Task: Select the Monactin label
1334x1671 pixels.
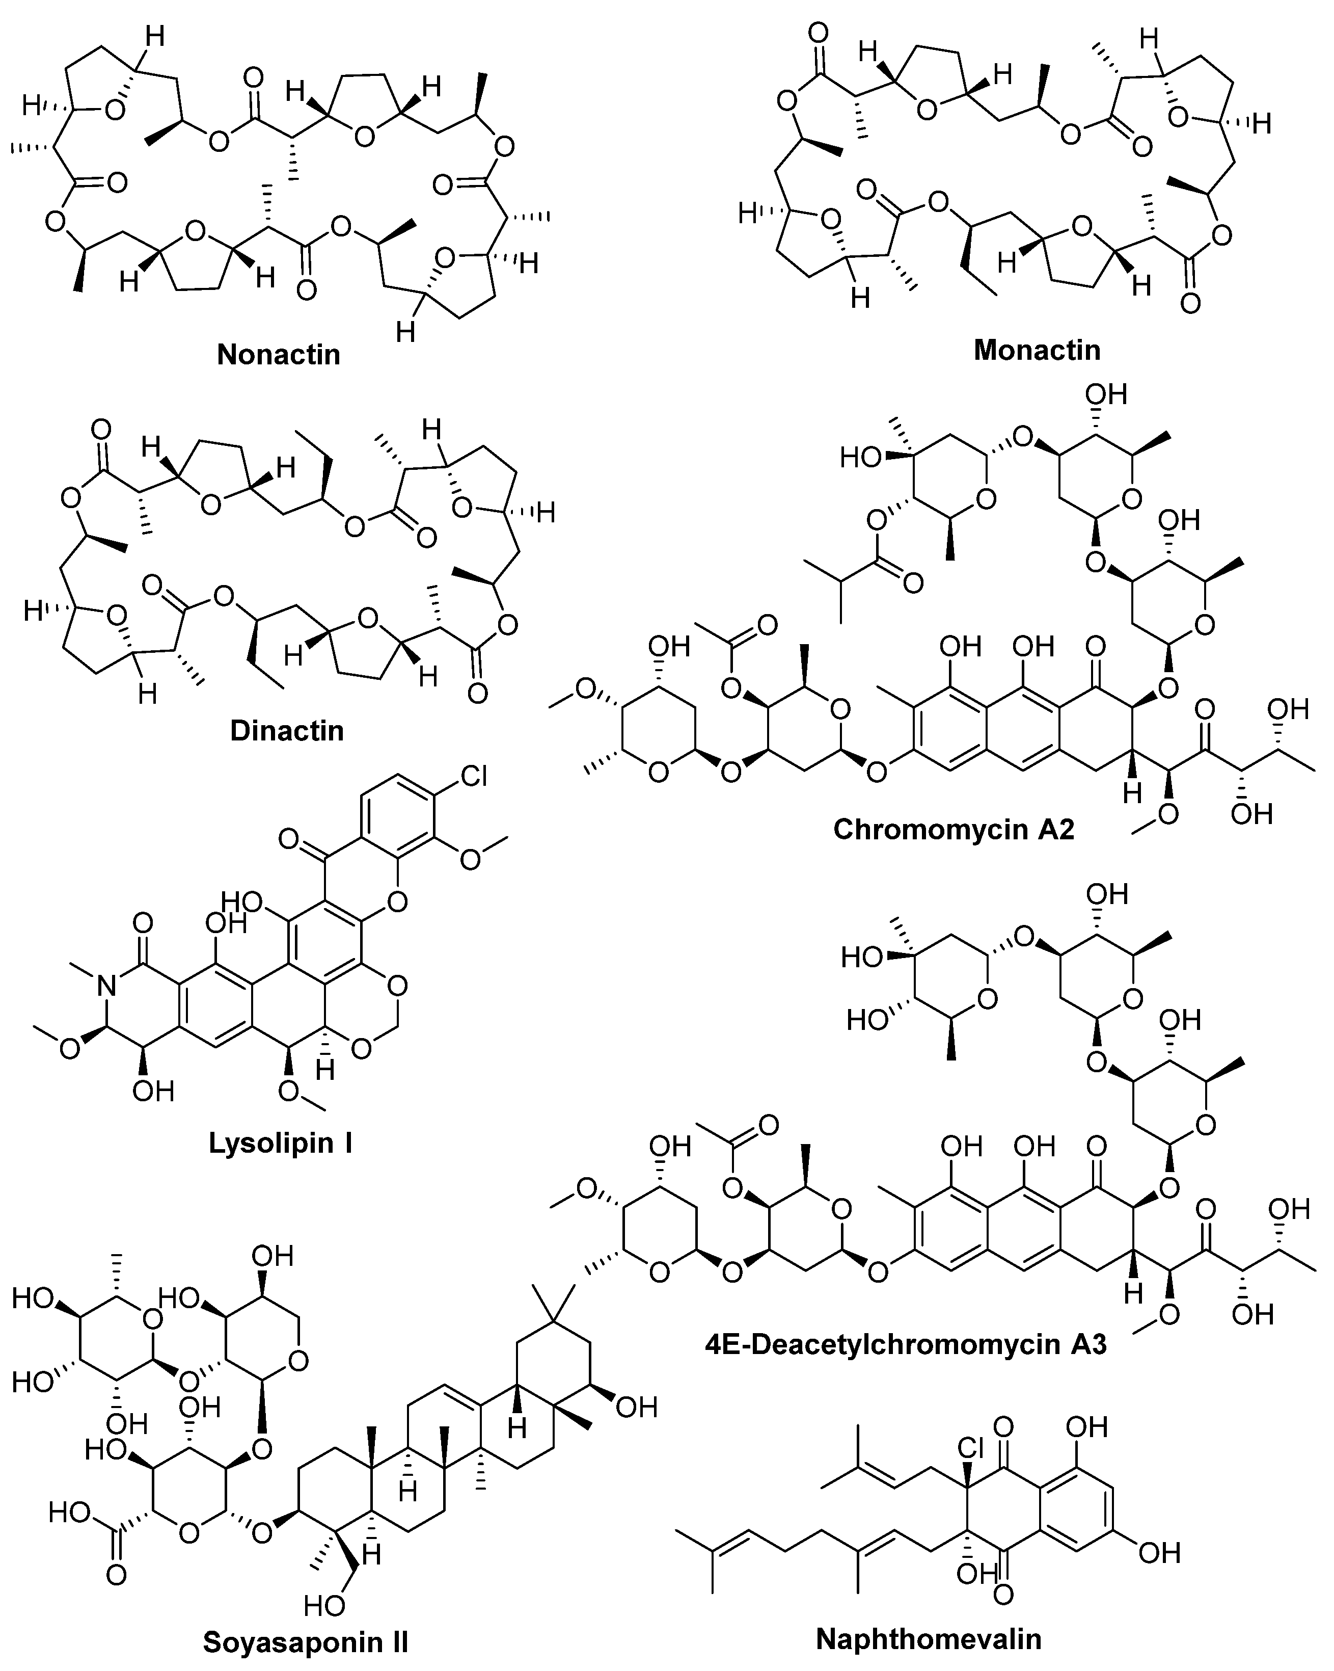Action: pos(1037,350)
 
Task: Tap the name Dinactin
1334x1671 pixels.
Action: pos(287,731)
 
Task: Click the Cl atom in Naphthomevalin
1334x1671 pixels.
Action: pos(970,1447)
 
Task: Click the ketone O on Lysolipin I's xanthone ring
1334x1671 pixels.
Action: pos(290,839)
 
